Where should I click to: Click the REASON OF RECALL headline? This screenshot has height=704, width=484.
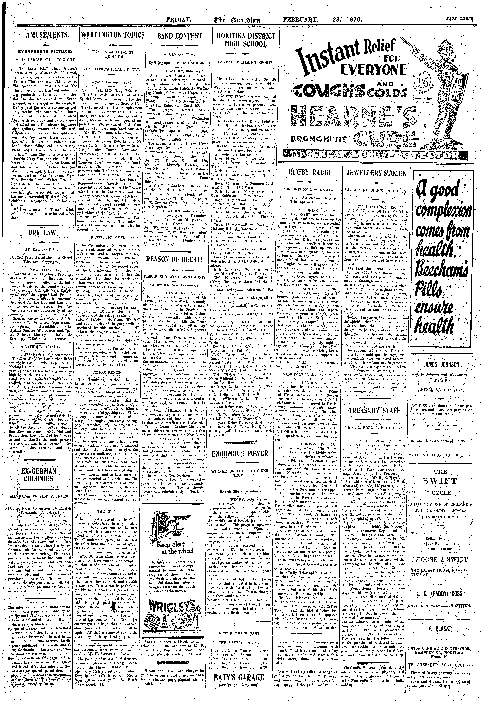(180, 259)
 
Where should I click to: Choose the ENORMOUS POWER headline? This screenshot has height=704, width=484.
(244, 453)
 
